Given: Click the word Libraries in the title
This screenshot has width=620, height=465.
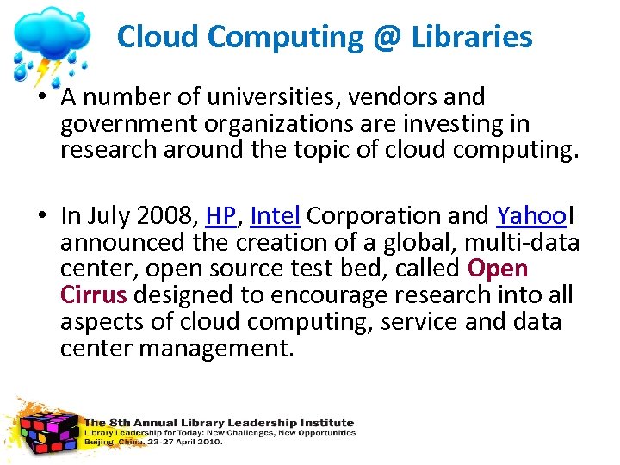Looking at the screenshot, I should pos(472,37).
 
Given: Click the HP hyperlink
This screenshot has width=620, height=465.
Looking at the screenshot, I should pos(220,215).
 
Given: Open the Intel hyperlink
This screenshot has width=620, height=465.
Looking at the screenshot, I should pos(275,215).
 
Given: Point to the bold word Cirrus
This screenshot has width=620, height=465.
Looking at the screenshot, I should pos(94,295).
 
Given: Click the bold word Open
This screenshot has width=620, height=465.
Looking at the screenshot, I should pos(498,269).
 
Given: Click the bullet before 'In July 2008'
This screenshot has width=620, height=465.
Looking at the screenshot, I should pos(41,215).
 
